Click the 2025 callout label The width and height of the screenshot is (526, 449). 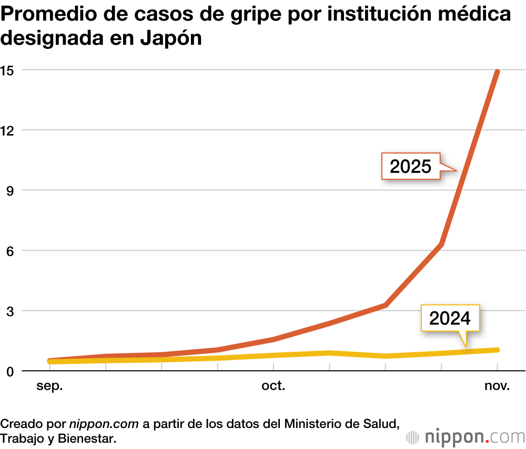pos(410,167)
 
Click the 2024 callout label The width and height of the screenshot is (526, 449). pos(450,318)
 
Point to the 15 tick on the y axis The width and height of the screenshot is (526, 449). pos(7,70)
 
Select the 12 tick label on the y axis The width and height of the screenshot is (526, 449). pos(7,130)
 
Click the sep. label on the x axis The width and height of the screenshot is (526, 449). pos(49,387)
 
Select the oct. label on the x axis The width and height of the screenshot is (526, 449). pos(274,387)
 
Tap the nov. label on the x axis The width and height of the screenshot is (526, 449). pos(497,387)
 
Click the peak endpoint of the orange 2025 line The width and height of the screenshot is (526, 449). pos(497,72)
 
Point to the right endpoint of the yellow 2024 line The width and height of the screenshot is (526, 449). pos(497,350)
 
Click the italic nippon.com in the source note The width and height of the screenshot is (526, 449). pos(104,423)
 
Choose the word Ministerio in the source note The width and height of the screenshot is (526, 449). pos(311,423)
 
